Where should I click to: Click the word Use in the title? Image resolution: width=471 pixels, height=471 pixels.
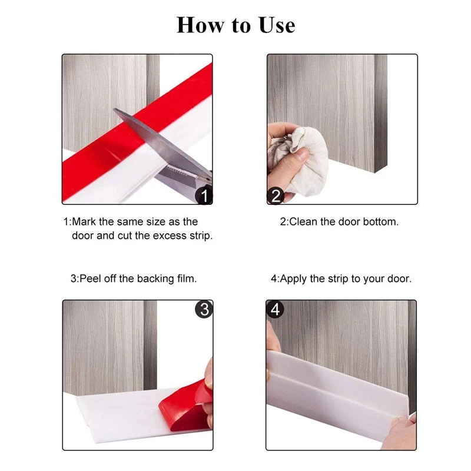click(x=277, y=25)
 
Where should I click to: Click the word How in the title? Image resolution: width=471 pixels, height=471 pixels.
click(x=200, y=25)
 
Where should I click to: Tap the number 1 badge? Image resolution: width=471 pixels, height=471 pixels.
click(x=204, y=195)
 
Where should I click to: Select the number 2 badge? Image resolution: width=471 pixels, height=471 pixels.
click(x=275, y=196)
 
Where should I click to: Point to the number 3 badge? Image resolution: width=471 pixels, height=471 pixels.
click(x=204, y=309)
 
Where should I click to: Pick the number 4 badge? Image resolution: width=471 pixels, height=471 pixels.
click(x=275, y=309)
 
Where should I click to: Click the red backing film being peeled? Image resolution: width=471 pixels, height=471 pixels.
click(x=186, y=404)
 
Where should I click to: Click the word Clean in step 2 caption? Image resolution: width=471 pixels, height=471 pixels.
click(x=303, y=222)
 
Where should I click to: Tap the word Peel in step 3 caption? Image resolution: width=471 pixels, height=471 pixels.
click(x=90, y=278)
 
